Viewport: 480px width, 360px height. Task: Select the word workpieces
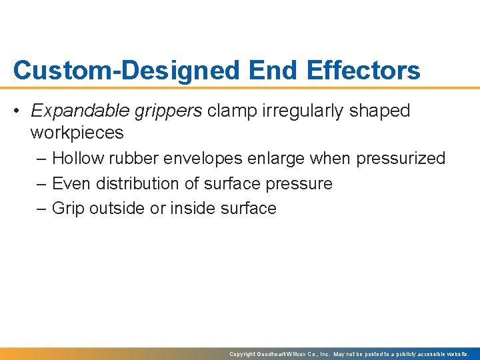point(77,133)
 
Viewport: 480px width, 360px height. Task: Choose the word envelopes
point(207,159)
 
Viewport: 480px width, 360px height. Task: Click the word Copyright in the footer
point(243,354)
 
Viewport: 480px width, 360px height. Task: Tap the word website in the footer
point(457,354)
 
